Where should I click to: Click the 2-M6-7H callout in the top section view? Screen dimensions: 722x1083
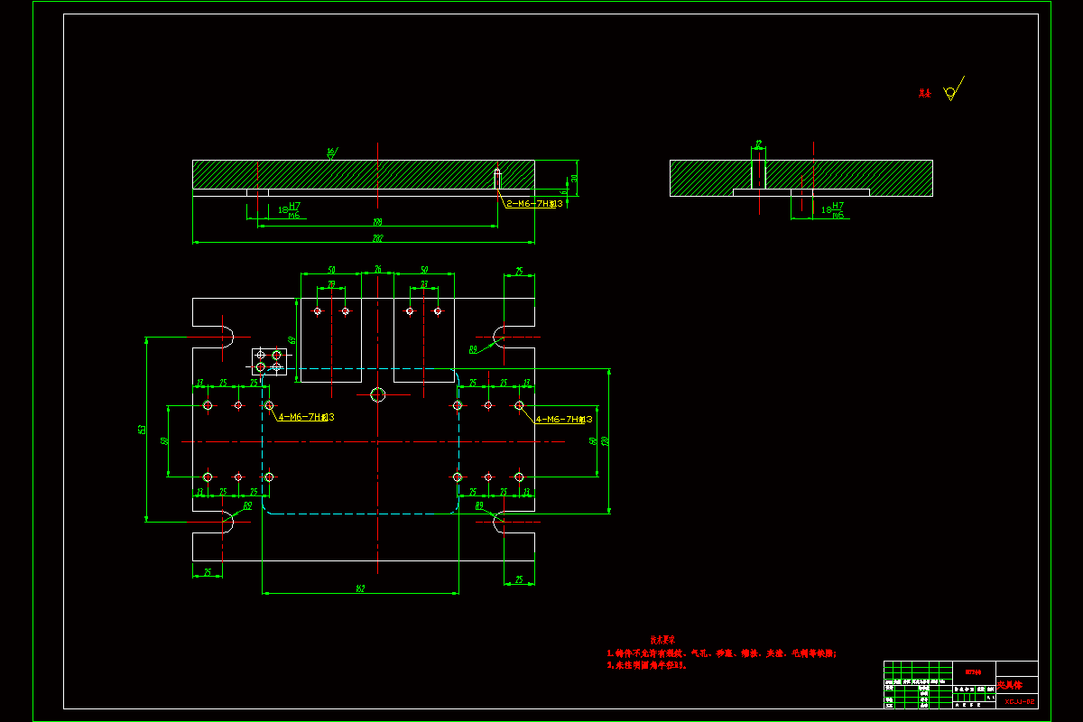coord(533,204)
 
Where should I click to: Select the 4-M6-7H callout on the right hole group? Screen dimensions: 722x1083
coord(563,419)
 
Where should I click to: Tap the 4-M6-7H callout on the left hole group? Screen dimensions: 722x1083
coord(305,417)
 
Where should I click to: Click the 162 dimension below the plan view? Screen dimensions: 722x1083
coord(360,588)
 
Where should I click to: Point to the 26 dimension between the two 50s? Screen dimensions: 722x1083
coord(378,269)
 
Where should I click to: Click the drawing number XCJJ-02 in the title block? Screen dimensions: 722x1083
coord(1018,700)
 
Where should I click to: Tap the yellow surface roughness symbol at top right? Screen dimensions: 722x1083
coord(950,91)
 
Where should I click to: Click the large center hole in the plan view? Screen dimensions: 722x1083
coord(378,394)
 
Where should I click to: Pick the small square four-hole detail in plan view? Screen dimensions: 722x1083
coord(269,362)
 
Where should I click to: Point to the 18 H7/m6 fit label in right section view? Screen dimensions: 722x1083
coord(832,210)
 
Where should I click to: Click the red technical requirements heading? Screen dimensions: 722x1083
coord(664,637)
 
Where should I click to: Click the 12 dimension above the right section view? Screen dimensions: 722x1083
coord(758,143)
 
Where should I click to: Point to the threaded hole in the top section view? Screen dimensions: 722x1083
coord(497,178)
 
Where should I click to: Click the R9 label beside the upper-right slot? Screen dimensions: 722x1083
coord(473,348)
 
